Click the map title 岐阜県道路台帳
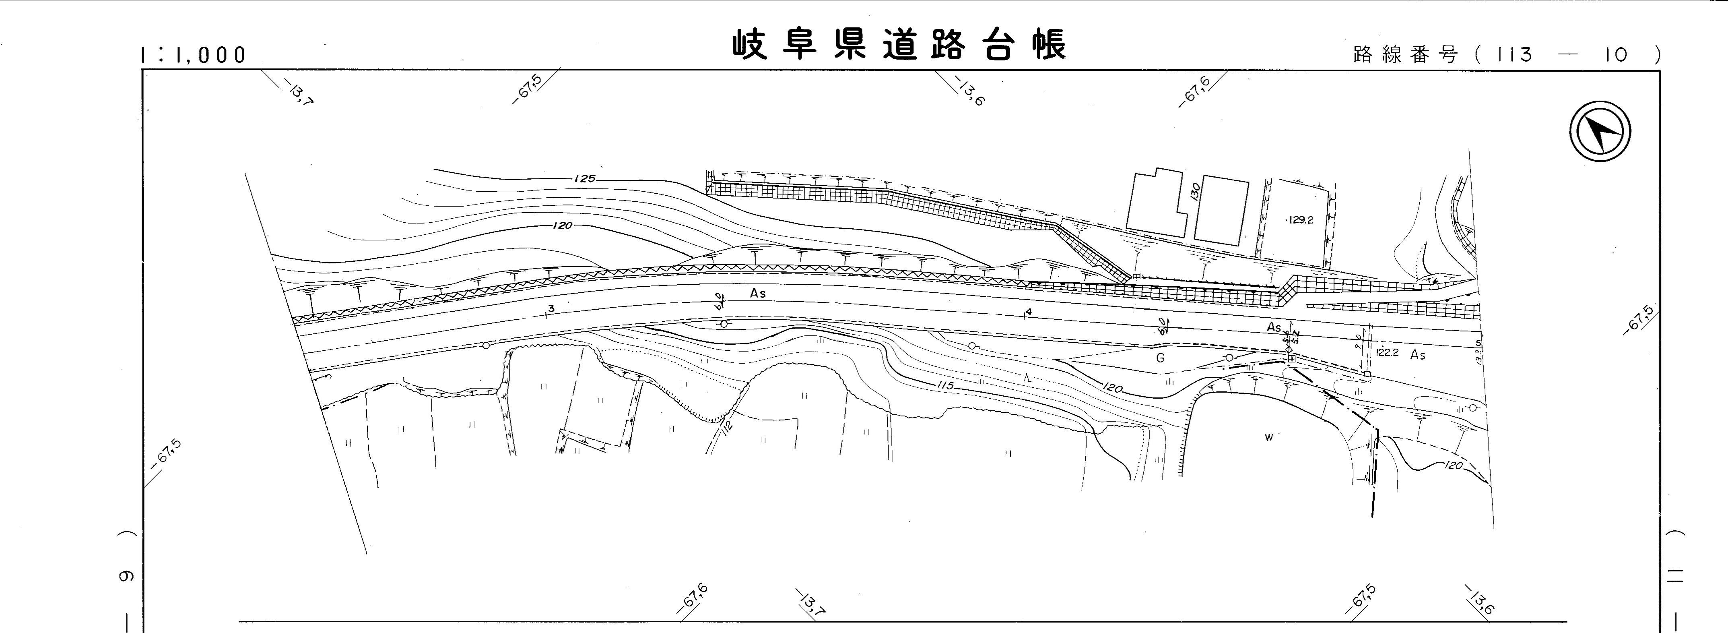tap(899, 46)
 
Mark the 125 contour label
tap(585, 179)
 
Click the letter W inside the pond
tap(1268, 437)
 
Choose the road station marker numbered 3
tap(551, 308)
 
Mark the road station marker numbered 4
tap(1027, 312)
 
